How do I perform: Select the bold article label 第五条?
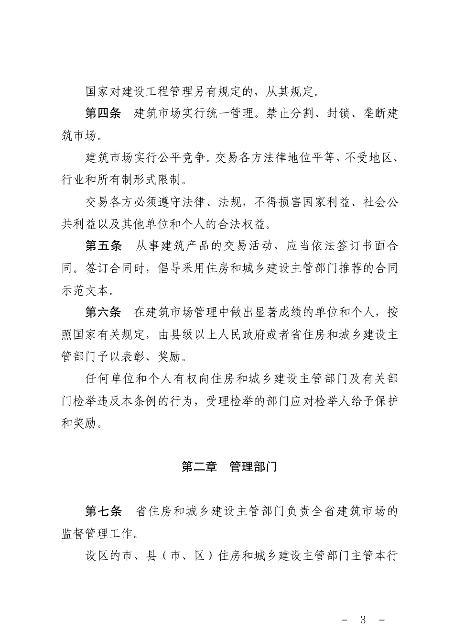point(103,246)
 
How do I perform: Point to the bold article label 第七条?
point(104,511)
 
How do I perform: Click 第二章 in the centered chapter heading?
point(199,467)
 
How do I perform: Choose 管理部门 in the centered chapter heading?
point(253,467)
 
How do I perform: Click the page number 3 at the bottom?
point(363,620)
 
